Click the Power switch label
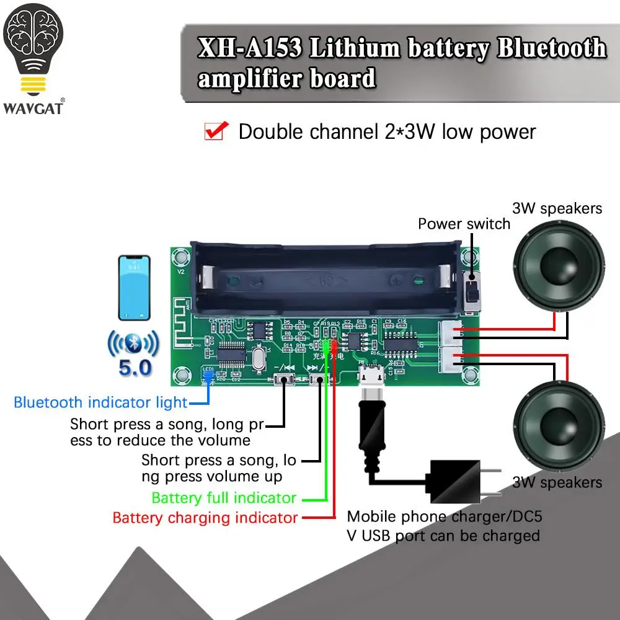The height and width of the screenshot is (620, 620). click(x=464, y=224)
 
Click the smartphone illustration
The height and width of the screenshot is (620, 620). click(x=134, y=289)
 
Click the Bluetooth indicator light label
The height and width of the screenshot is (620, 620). click(x=100, y=402)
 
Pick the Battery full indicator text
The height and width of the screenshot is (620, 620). click(x=224, y=498)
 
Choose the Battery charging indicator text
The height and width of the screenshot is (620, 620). click(x=205, y=517)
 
